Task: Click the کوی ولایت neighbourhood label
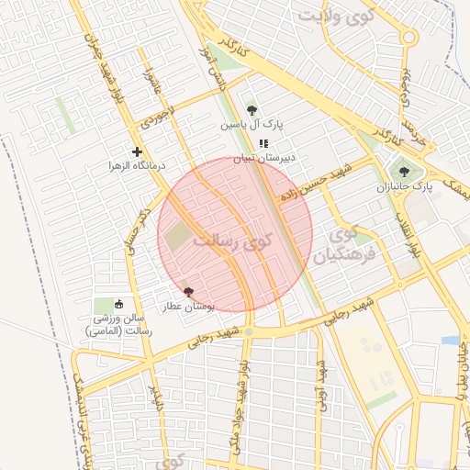pos(337,17)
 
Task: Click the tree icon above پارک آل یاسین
pos(252,110)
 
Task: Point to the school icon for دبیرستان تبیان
pos(263,143)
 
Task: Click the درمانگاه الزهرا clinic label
pos(138,166)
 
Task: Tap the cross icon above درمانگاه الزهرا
pos(138,151)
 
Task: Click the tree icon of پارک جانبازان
pos(404,172)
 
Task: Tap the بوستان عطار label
pos(189,307)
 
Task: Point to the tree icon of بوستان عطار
pos(189,292)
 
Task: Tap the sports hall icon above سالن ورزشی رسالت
pos(118,304)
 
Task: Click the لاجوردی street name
pos(157,117)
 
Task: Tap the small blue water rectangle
pos(450,340)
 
